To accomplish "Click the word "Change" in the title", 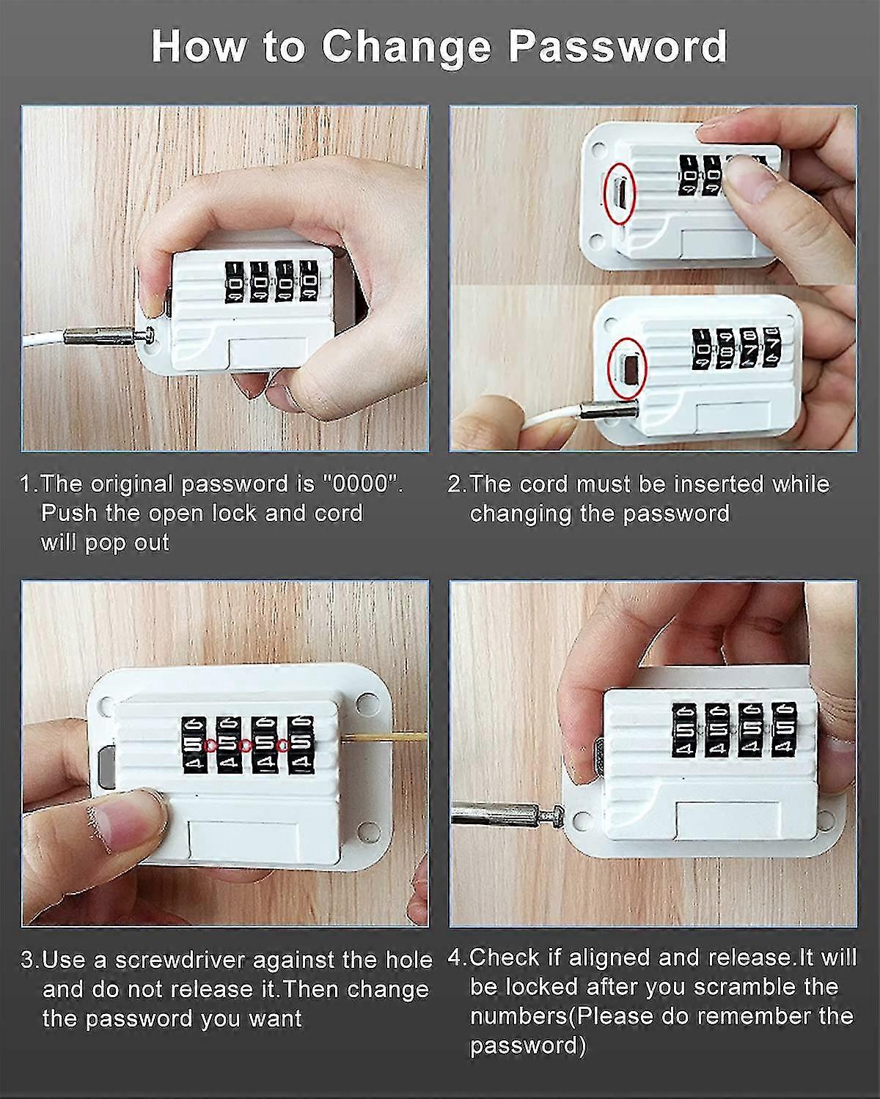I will click(406, 47).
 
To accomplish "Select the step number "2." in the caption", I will click(457, 484).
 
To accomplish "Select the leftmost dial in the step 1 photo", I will click(235, 281).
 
